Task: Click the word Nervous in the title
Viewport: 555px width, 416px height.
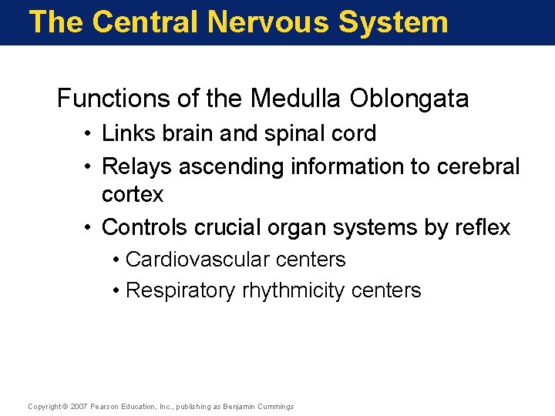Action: coord(268,22)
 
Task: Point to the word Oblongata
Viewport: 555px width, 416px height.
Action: coord(409,99)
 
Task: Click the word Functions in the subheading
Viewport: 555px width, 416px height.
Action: coord(106,99)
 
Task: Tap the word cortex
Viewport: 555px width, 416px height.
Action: coord(133,194)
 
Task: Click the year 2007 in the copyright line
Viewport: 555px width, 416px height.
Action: coord(79,407)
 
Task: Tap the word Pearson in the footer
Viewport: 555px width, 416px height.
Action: coord(106,407)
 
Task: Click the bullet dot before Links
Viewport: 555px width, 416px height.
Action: coord(92,134)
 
